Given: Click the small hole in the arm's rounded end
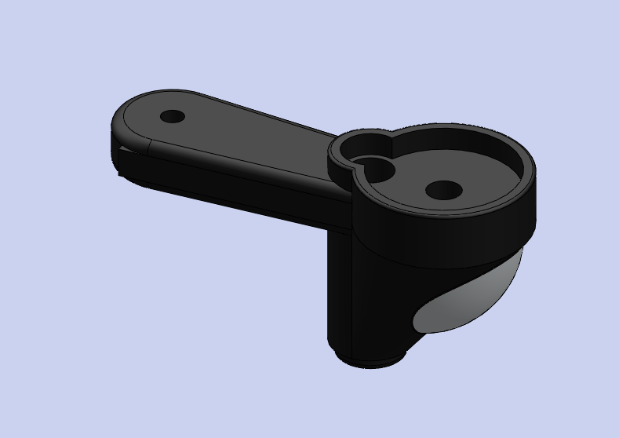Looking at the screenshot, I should (x=172, y=117).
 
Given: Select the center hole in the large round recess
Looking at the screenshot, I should (x=443, y=190).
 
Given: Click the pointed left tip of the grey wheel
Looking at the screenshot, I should (x=415, y=322).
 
